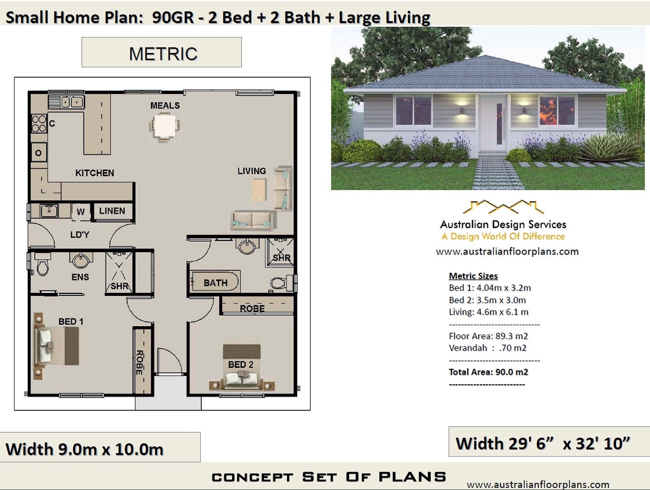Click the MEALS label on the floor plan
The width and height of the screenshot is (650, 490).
(x=165, y=106)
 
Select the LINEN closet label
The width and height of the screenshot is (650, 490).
(x=112, y=211)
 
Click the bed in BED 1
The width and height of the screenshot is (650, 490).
(x=57, y=346)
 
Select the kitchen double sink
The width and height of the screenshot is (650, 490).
(x=72, y=102)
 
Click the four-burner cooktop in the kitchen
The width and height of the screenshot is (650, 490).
(x=39, y=124)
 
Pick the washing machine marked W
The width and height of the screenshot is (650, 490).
(x=81, y=212)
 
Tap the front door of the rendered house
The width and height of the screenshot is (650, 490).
(x=493, y=124)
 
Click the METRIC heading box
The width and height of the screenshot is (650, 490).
(x=162, y=53)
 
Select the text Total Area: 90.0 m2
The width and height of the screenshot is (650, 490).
(x=488, y=372)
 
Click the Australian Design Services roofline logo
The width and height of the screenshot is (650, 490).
(x=503, y=207)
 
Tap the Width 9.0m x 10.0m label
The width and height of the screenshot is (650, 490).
(x=84, y=449)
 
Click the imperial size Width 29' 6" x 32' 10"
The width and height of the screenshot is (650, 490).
(x=543, y=443)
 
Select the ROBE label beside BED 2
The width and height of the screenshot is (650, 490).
(x=252, y=308)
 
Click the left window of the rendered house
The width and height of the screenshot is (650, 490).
(x=413, y=111)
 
